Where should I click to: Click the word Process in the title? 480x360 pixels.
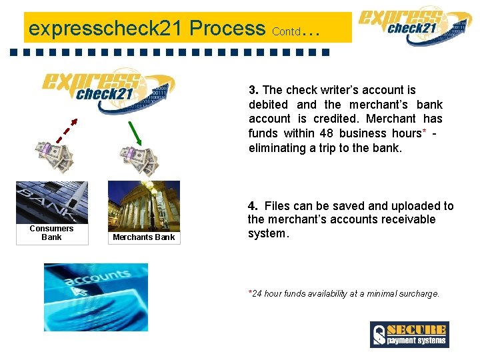[227, 28]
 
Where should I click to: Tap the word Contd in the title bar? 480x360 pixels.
[286, 31]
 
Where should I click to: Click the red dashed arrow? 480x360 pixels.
[67, 131]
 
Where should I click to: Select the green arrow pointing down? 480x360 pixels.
[135, 133]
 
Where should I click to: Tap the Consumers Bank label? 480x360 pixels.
[51, 233]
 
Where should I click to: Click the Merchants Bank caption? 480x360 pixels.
[143, 237]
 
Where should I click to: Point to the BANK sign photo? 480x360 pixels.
[52, 203]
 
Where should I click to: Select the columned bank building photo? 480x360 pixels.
[144, 206]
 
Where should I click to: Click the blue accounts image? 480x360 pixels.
[96, 297]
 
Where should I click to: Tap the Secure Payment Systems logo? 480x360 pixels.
[409, 334]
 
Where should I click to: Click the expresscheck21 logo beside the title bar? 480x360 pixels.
[415, 25]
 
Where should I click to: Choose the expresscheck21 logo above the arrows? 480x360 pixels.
[108, 91]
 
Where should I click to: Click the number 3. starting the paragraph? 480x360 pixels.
[253, 90]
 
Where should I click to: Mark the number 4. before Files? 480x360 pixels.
[253, 206]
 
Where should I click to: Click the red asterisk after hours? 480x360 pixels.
[424, 131]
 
